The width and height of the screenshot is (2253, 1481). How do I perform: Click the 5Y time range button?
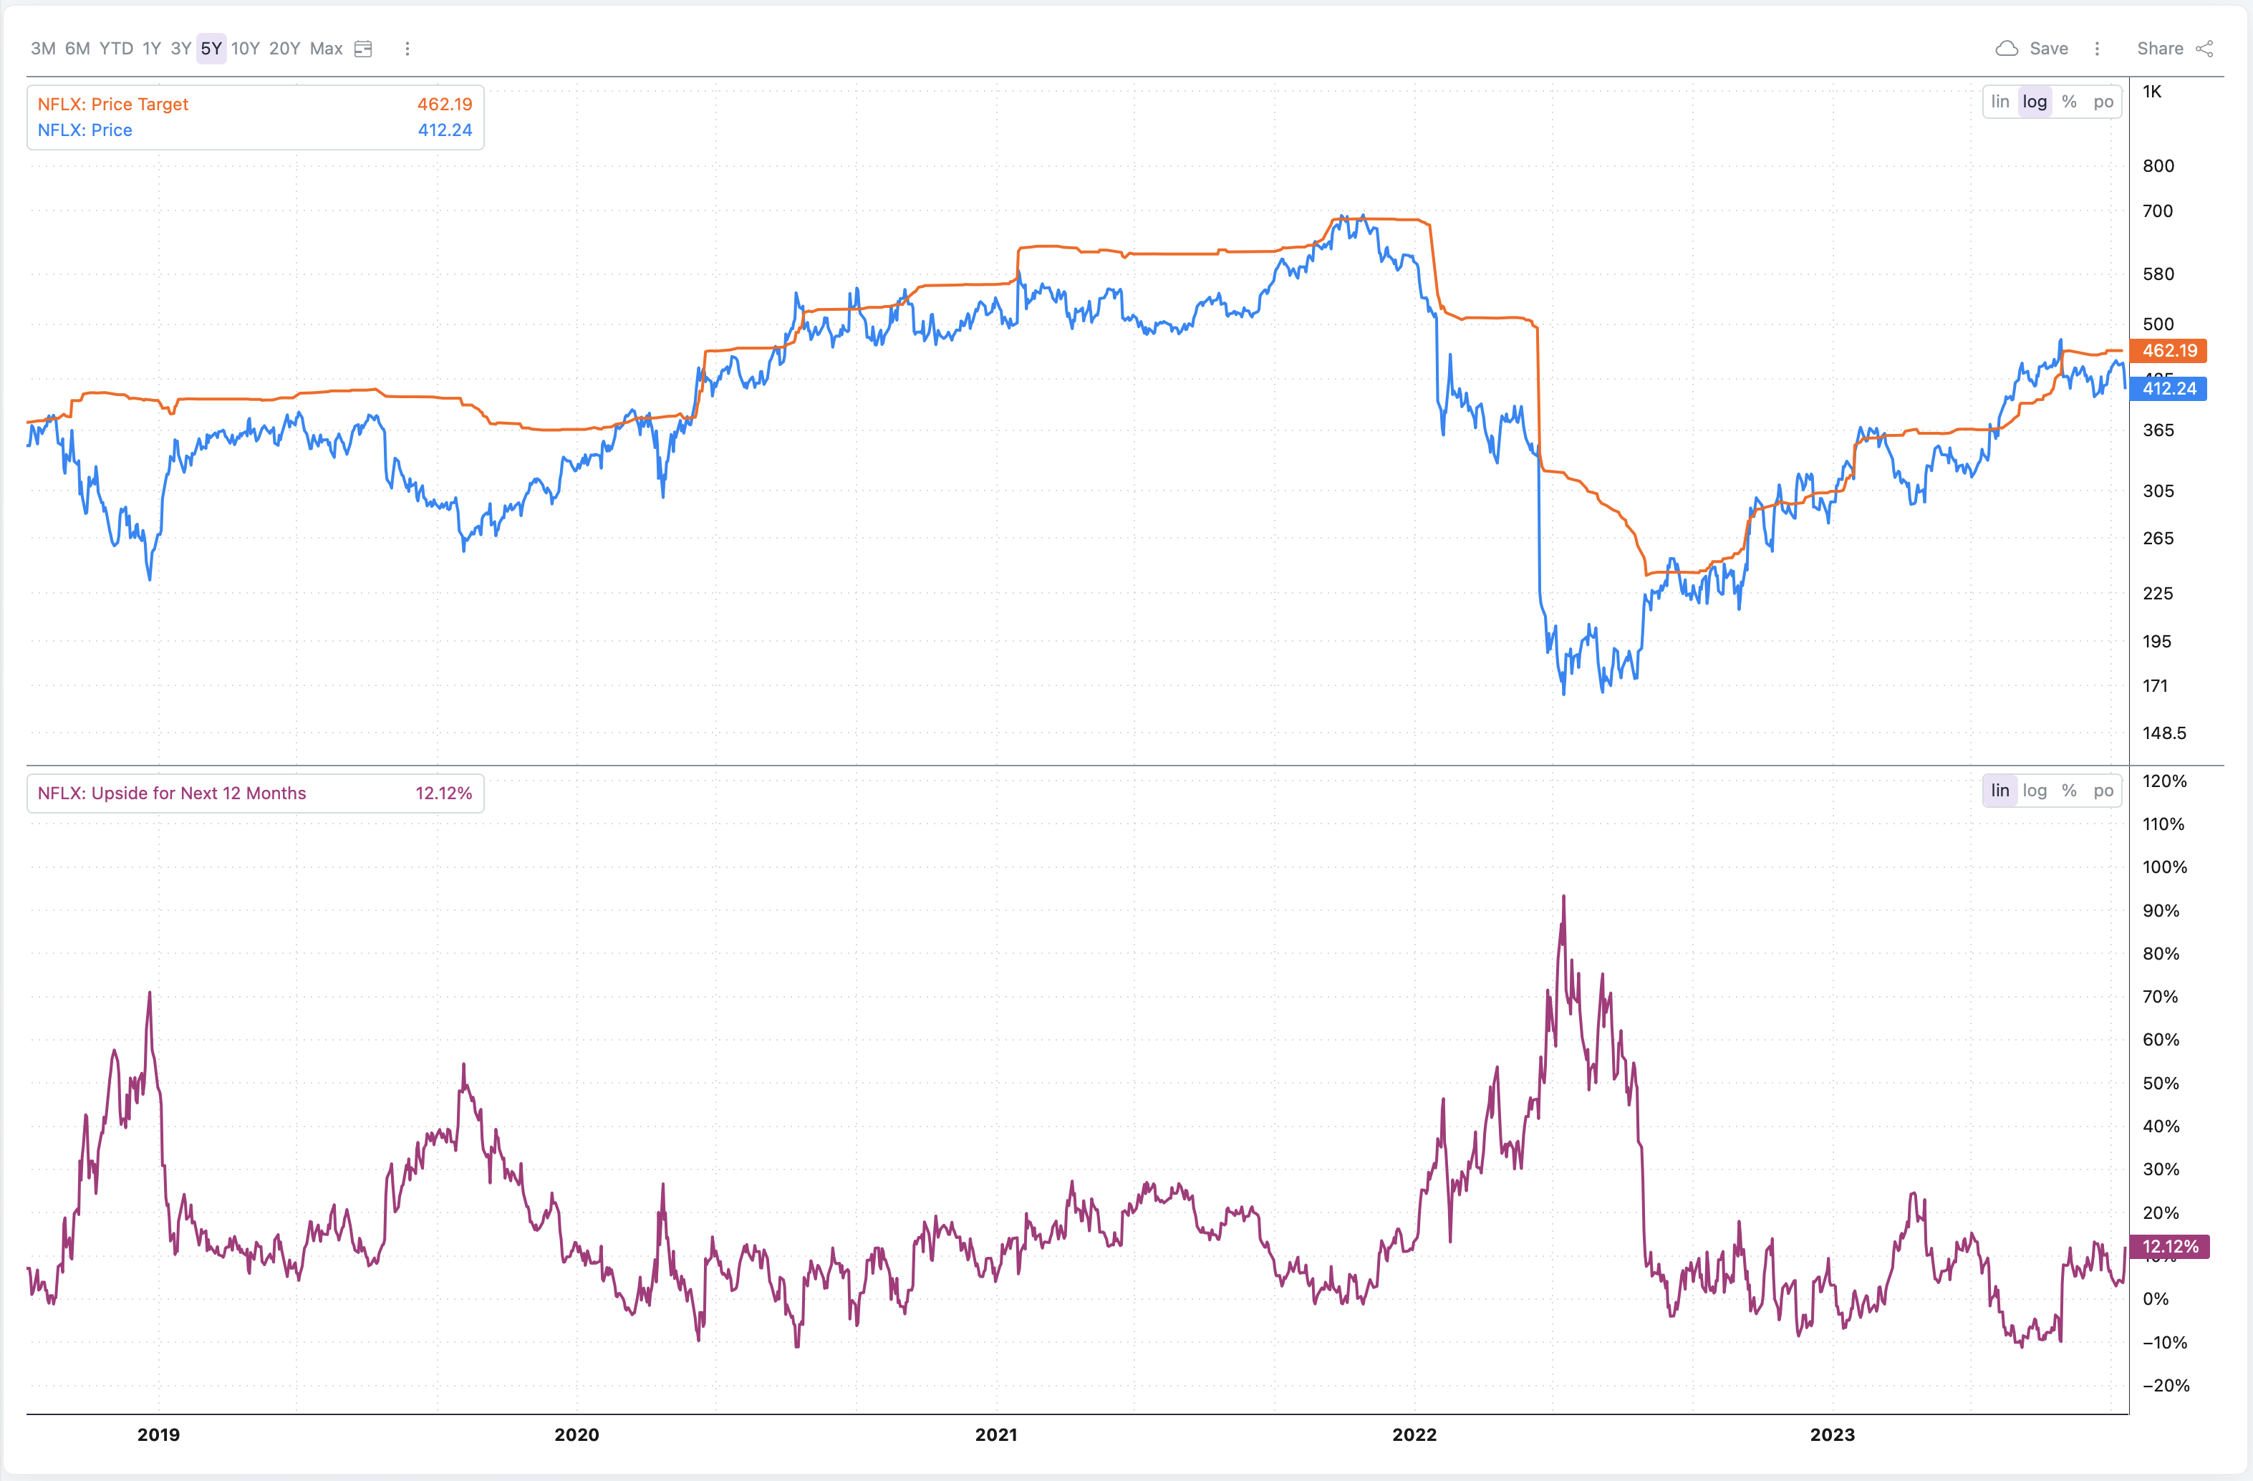pos(211,48)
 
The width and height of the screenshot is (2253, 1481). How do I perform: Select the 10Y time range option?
pos(245,48)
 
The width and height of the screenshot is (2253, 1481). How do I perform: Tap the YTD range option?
pos(117,48)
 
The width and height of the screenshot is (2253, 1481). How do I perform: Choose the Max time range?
pos(326,48)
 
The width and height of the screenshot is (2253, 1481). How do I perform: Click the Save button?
pos(2032,48)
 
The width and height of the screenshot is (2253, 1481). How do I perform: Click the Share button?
pos(2174,48)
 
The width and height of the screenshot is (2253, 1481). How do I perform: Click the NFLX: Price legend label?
pos(85,130)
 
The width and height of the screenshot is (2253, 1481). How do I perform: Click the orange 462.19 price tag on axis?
pos(2168,350)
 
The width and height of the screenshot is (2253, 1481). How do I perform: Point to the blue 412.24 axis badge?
pos(2168,388)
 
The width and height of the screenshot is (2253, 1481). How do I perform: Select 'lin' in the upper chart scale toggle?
pos(1999,101)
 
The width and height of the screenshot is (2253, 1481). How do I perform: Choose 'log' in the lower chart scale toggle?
pos(2035,791)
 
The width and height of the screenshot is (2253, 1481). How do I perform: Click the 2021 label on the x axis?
pos(996,1434)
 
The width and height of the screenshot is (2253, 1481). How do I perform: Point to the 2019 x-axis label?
pos(158,1434)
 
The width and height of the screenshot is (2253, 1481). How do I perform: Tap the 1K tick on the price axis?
pos(2152,92)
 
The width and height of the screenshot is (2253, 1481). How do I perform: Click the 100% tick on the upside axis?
pos(2164,867)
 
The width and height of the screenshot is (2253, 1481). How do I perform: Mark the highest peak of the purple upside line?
pos(1563,897)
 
